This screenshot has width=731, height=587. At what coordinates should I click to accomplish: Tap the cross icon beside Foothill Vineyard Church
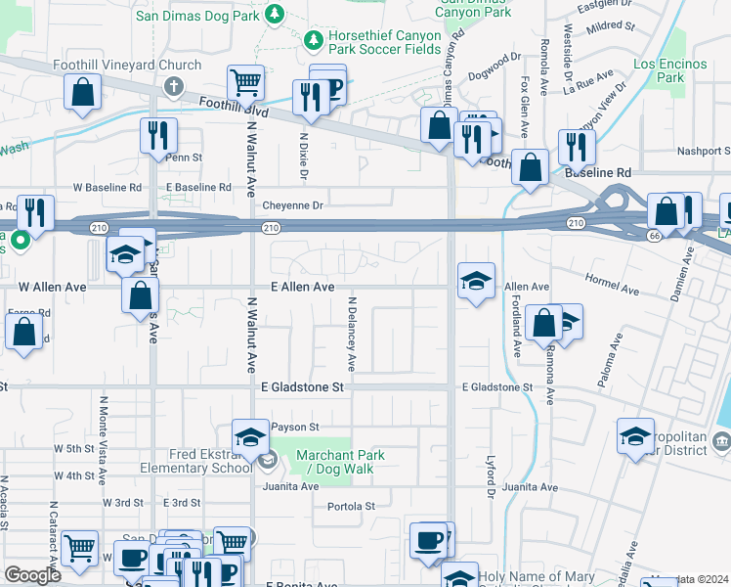174,86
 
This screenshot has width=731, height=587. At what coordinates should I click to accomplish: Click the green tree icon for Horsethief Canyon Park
313,41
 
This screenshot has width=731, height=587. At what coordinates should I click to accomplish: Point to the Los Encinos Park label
669,69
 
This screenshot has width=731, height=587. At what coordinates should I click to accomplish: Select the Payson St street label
295,428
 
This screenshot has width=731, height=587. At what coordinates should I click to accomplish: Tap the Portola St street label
351,506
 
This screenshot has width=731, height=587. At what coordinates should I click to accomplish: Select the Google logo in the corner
32,575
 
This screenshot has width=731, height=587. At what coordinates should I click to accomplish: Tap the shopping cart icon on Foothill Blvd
245,81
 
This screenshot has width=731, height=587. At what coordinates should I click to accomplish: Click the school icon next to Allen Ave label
476,281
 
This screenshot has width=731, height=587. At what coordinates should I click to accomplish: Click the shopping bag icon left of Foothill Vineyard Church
83,92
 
